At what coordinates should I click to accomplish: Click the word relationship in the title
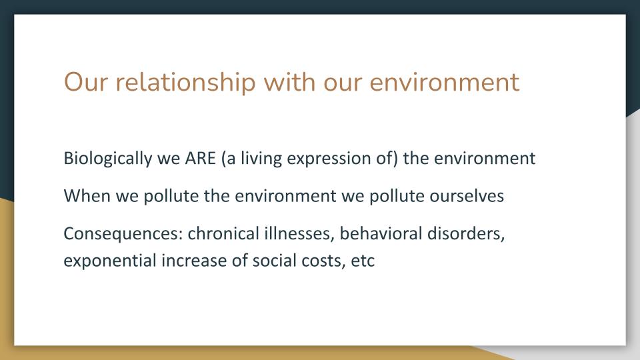tap(186, 83)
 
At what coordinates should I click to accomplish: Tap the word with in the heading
tap(289, 82)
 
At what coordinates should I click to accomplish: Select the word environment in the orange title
tap(445, 83)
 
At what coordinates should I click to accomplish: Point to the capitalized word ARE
tap(201, 159)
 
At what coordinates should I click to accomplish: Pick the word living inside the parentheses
tap(261, 159)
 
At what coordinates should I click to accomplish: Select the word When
tap(87, 196)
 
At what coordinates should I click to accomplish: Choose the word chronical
tap(223, 233)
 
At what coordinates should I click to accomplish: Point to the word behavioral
tap(381, 233)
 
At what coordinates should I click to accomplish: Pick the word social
tap(274, 261)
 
